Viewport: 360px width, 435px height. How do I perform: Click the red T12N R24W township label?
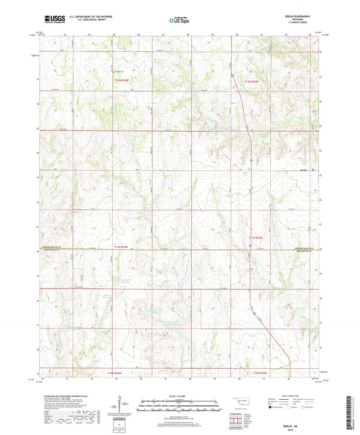(x=121, y=81)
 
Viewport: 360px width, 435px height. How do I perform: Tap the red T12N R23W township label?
(x=251, y=81)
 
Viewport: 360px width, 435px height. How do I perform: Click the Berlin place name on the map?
(x=303, y=170)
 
